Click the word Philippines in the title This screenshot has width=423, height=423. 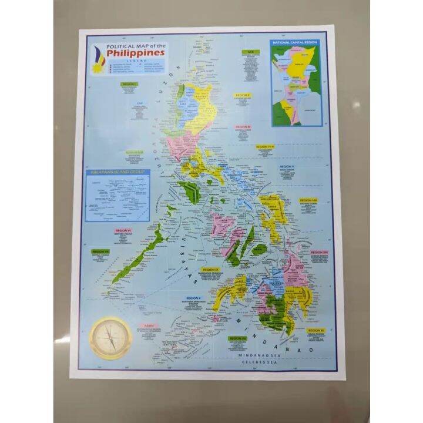(139, 52)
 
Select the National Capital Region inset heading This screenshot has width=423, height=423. (296, 42)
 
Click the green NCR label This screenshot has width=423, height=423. (250, 52)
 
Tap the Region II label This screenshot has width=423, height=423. (242, 95)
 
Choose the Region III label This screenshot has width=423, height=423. (243, 126)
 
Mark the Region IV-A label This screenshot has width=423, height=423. (266, 146)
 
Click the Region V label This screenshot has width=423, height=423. (286, 167)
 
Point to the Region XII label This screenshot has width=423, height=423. (238, 338)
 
